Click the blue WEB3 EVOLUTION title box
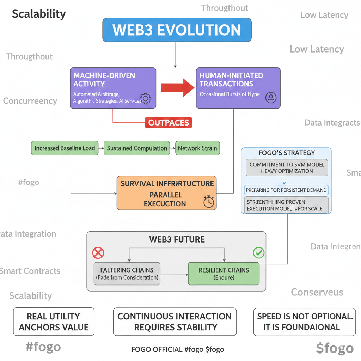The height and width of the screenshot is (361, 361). pyautogui.click(x=177, y=30)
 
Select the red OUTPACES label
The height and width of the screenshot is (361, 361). pyautogui.click(x=169, y=123)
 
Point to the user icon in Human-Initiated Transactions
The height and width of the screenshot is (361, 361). pyautogui.click(x=271, y=98)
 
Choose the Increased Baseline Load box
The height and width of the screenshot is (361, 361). pyautogui.click(x=65, y=148)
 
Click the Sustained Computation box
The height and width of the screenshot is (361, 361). pyautogui.click(x=137, y=148)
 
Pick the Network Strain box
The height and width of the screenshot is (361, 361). pyautogui.click(x=197, y=148)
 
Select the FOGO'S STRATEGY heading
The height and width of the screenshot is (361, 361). pyautogui.click(x=286, y=153)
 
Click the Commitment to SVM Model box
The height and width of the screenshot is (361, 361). pyautogui.click(x=287, y=168)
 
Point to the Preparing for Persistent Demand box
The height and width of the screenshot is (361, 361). pyautogui.click(x=286, y=190)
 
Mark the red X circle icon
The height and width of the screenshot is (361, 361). pyautogui.click(x=98, y=252)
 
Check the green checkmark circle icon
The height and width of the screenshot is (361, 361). pyautogui.click(x=258, y=252)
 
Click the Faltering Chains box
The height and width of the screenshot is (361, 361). pyautogui.click(x=127, y=274)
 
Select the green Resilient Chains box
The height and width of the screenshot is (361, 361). pyautogui.click(x=224, y=274)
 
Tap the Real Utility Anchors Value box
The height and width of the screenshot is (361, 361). pyautogui.click(x=54, y=322)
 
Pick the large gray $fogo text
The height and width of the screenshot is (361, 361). pyautogui.click(x=335, y=348)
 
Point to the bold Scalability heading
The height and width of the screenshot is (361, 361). pyautogui.click(x=39, y=14)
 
